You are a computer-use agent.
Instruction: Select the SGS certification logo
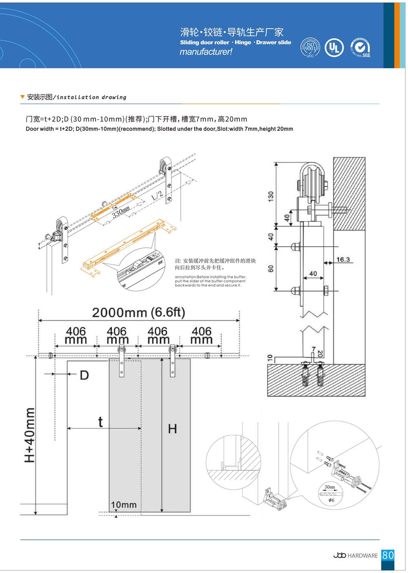[x=360, y=48]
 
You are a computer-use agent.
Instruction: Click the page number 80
[x=388, y=555]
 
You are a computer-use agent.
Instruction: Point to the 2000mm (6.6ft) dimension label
[x=138, y=313]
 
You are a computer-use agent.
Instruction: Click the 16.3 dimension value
[x=343, y=259]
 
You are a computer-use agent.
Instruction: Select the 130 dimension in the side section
[x=271, y=196]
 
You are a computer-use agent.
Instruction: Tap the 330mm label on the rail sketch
[x=121, y=212]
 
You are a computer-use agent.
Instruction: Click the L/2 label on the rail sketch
[x=157, y=196]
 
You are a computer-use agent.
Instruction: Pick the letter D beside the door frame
[x=84, y=375]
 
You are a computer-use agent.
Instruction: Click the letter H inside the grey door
[x=173, y=429]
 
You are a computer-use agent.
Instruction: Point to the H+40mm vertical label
[x=30, y=435]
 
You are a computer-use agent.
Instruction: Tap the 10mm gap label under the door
[x=124, y=505]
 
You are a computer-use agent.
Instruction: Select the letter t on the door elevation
[x=100, y=422]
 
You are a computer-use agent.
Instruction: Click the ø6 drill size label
[x=331, y=500]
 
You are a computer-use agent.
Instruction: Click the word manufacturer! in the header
[x=206, y=52]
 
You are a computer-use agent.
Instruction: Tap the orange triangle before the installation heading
[x=22, y=97]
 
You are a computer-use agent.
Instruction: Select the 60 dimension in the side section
[x=271, y=269]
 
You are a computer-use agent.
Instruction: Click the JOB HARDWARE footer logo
[x=355, y=555]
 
